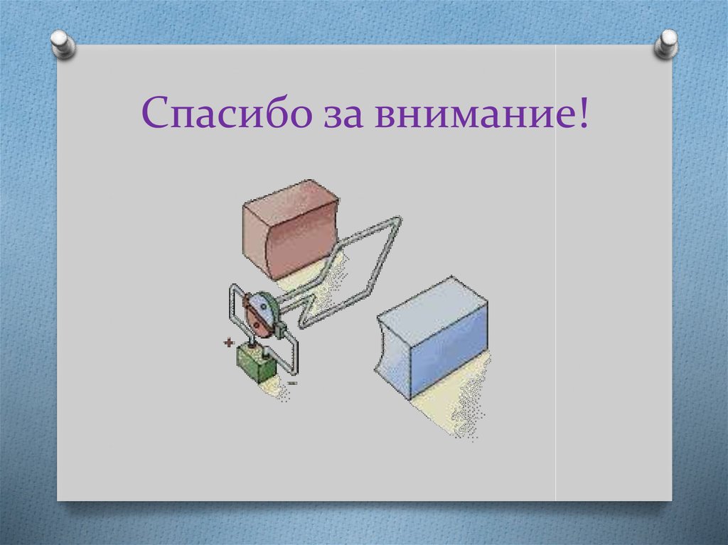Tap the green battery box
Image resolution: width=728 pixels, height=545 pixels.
point(256,363)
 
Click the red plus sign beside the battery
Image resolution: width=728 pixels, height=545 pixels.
point(229,342)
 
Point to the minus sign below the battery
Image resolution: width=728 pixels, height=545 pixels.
point(293,383)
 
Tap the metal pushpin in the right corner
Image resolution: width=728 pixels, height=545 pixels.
point(666,43)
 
